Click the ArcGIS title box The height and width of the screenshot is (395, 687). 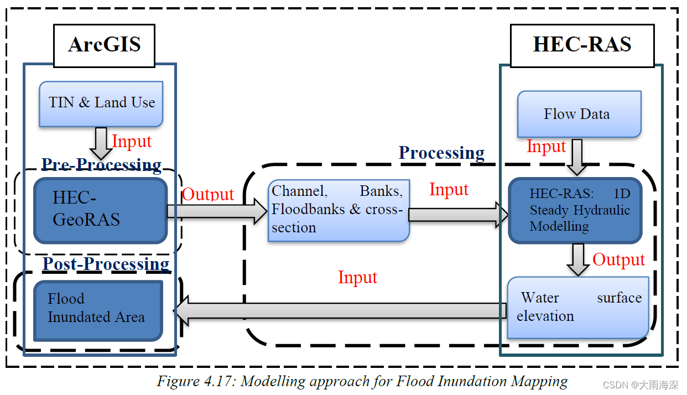coord(104,45)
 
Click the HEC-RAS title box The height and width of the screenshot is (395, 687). coord(582,45)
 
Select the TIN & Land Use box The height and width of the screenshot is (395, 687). coord(101,103)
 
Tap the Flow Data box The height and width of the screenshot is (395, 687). coord(578,115)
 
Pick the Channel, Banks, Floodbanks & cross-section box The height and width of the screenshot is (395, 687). coord(339,210)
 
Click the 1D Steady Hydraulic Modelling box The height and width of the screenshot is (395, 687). coord(575,210)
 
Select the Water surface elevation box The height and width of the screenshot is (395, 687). coord(578,307)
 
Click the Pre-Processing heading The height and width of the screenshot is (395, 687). coord(102,164)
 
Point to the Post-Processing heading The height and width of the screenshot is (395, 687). coord(106,264)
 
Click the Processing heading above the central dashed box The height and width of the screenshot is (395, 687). coord(441,153)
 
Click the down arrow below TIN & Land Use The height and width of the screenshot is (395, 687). coord(101,143)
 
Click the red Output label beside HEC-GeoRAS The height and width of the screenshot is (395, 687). coord(208,194)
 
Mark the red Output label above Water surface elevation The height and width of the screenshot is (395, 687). coord(618,259)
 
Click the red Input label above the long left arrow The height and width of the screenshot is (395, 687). coord(357,277)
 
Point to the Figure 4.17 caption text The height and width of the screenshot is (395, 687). coord(362,381)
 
